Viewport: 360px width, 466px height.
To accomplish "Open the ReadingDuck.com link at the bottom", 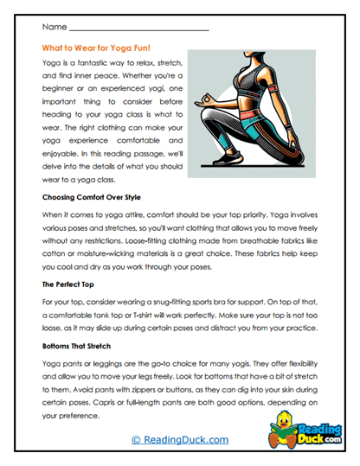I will coord(179,440).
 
